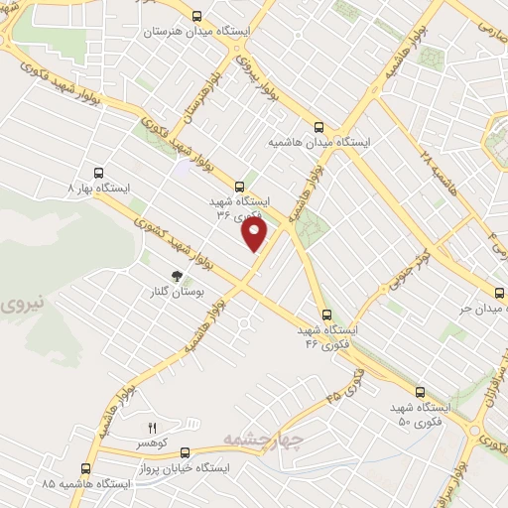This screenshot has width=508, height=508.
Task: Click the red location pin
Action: [256, 234]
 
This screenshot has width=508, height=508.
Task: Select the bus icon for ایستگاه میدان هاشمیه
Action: [318, 127]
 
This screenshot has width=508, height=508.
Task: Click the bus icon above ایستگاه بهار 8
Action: [97, 171]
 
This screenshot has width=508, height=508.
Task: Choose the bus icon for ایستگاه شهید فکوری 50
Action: [420, 392]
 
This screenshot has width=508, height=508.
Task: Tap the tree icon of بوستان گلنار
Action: [177, 277]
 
